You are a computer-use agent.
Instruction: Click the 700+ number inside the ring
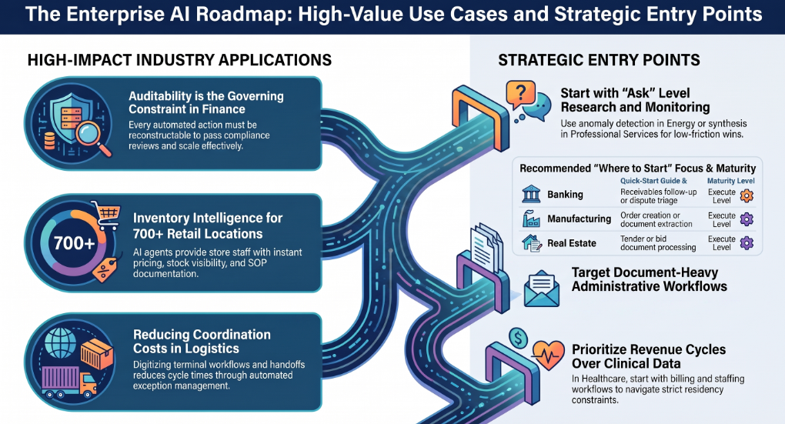(74, 243)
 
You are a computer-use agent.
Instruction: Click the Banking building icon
(531, 194)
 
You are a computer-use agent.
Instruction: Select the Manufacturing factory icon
(531, 219)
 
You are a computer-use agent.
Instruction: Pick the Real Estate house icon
(531, 243)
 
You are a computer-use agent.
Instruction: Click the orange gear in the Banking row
(747, 195)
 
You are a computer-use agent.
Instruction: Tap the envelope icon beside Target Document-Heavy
(541, 289)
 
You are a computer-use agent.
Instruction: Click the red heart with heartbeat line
(548, 355)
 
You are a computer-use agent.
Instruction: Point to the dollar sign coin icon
(518, 339)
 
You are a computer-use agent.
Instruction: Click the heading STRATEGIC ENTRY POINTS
(599, 61)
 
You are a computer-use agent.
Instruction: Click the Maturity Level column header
(730, 181)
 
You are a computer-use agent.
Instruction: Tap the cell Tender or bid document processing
(658, 243)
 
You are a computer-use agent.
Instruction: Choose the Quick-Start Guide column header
(653, 181)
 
